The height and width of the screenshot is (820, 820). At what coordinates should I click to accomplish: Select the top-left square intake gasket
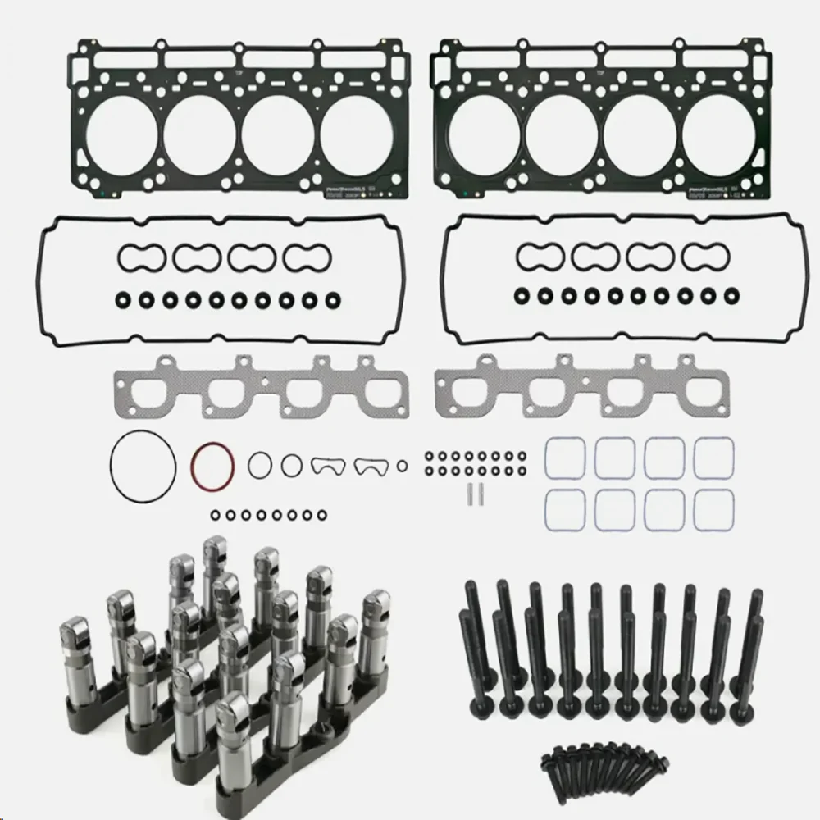tap(563, 456)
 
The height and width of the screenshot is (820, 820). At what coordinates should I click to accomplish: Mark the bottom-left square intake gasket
tap(563, 509)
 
